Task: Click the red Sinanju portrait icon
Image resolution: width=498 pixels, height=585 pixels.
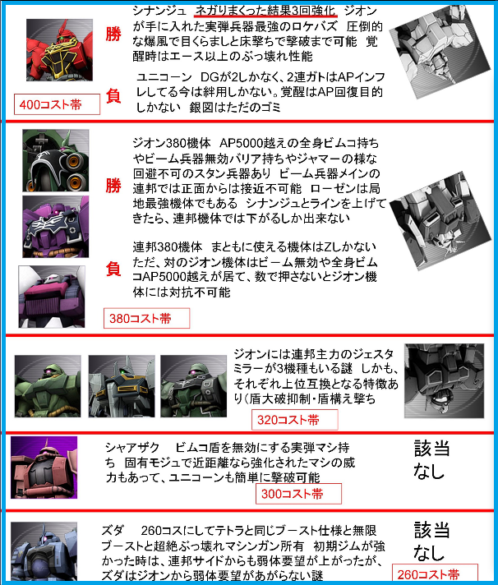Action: pos(59,50)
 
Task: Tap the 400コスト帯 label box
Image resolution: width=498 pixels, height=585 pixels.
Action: pos(57,104)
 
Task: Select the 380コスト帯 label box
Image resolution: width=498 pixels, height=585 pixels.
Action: pos(146,318)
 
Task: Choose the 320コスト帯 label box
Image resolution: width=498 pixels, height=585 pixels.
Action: pos(295,420)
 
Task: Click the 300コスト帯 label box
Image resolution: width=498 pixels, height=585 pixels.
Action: pos(298,494)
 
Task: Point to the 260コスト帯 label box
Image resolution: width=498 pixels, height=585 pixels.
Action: pos(435,573)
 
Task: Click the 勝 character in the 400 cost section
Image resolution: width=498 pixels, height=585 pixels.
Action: pos(113,34)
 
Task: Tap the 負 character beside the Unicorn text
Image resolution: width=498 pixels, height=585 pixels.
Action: pos(113,96)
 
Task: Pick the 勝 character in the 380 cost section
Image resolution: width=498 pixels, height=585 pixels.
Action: pos(113,186)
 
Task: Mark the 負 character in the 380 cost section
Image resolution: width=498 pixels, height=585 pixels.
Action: pos(113,269)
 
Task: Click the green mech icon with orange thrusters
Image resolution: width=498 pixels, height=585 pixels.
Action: pos(56,160)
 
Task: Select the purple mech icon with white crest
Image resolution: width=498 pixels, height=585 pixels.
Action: pos(56,227)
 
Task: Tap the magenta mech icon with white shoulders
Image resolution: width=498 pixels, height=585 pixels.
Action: pos(52,297)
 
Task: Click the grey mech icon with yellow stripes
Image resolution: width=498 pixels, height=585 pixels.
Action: pos(122,386)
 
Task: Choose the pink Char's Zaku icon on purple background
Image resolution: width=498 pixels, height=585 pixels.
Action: pos(44,468)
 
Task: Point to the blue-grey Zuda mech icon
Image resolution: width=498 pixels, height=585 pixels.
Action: pos(44,551)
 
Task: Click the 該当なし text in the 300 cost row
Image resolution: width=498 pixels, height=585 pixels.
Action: pos(431,459)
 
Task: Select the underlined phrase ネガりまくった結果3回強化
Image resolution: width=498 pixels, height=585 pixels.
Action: pos(265,11)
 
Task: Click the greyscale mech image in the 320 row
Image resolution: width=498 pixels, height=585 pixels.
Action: pos(445,381)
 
